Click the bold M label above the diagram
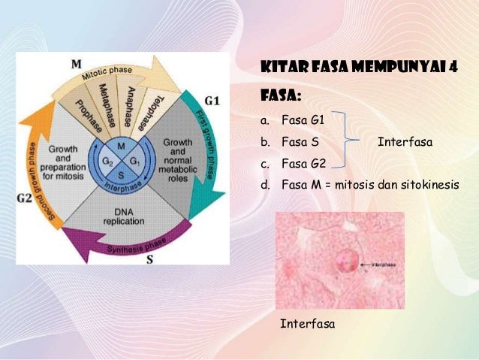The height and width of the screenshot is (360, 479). pos(77,64)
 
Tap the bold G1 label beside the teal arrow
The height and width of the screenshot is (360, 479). pos(212,100)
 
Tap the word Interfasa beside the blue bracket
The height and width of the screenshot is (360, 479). pos(405,141)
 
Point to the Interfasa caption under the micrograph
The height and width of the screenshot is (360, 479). pos(307,324)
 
